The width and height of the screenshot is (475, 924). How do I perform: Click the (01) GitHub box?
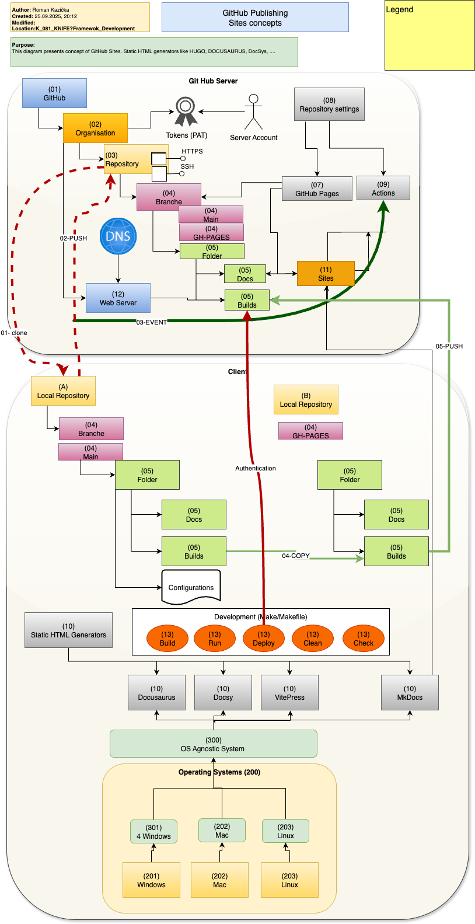pyautogui.click(x=54, y=93)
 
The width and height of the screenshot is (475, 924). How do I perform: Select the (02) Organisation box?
pyautogui.click(x=95, y=128)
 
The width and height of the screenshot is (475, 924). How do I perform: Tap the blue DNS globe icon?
pyautogui.click(x=118, y=236)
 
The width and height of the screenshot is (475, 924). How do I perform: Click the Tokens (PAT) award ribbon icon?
pyautogui.click(x=186, y=112)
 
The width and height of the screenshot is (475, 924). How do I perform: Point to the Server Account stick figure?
pyautogui.click(x=253, y=111)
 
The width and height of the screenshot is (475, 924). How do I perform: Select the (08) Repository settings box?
pyautogui.click(x=329, y=104)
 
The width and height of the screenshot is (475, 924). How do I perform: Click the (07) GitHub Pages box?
pyautogui.click(x=317, y=189)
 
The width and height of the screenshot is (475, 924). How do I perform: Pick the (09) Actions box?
pyautogui.click(x=383, y=188)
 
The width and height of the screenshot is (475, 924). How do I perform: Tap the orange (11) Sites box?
pyautogui.click(x=326, y=273)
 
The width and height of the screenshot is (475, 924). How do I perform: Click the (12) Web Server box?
pyautogui.click(x=118, y=298)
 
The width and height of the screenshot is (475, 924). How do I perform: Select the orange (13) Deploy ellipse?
pyautogui.click(x=264, y=639)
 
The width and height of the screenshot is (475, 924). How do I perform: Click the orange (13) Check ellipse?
pyautogui.click(x=363, y=639)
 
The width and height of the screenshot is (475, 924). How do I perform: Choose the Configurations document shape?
pyautogui.click(x=191, y=587)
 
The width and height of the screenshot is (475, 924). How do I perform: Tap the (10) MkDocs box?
pyautogui.click(x=410, y=693)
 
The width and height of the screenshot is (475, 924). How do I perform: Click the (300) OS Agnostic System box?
pyautogui.click(x=213, y=744)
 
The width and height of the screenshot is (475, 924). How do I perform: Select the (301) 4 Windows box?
pyautogui.click(x=154, y=832)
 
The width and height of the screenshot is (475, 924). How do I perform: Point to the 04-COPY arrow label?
pyautogui.click(x=296, y=556)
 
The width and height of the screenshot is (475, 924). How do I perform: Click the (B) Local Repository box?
pyautogui.click(x=306, y=400)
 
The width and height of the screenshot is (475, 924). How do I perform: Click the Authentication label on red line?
pyautogui.click(x=256, y=468)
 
